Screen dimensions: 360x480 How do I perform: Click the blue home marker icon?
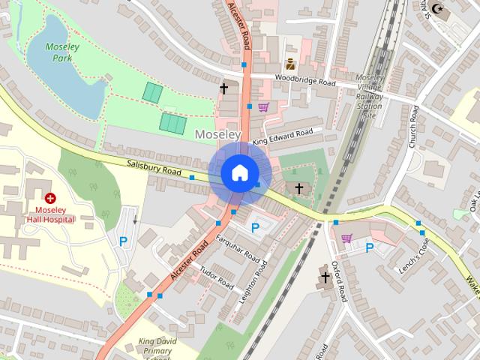pos(238,172)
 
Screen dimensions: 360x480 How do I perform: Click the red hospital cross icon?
pos(50,199)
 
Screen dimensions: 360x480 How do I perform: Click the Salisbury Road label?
pos(154,168)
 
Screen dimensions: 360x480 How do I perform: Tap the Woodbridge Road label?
pos(304,79)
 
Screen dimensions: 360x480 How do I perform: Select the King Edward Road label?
pos(283,137)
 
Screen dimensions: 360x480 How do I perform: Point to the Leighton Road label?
pos(253,281)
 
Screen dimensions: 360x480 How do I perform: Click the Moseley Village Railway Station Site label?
pos(369,96)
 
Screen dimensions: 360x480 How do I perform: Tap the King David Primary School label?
pos(158,349)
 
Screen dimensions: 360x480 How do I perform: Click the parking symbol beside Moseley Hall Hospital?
pos(124,241)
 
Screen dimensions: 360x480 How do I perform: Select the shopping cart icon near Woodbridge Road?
pos(263,107)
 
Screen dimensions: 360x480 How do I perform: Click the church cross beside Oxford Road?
pos(325,277)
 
